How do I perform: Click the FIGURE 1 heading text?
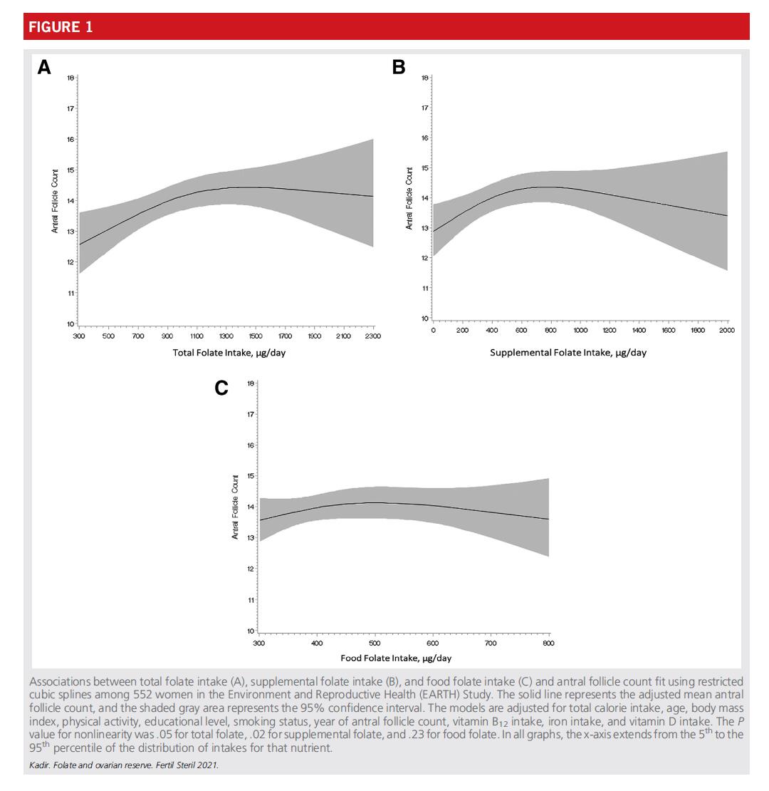click(x=61, y=27)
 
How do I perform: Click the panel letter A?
click(x=44, y=68)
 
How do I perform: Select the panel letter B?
click(x=399, y=67)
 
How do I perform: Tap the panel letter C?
click(x=221, y=388)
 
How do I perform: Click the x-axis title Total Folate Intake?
click(x=229, y=353)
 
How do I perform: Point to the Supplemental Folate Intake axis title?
click(x=567, y=352)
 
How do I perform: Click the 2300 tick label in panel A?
click(x=373, y=336)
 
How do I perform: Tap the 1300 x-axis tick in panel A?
click(x=226, y=336)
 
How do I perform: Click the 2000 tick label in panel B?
click(x=726, y=331)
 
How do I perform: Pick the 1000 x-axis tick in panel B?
click(x=580, y=331)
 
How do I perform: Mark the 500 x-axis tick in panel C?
click(x=375, y=643)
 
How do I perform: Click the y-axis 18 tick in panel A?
click(x=70, y=78)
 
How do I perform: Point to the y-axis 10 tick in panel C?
click(x=251, y=631)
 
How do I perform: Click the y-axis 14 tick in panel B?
click(x=424, y=198)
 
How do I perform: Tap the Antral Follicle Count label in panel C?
click(x=236, y=507)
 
